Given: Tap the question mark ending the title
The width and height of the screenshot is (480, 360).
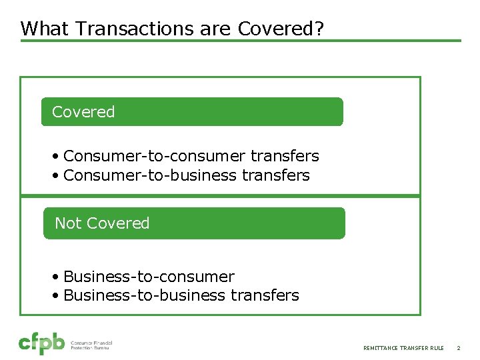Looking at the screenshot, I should (x=319, y=29).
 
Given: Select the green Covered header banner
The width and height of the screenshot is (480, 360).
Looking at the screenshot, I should (x=192, y=112).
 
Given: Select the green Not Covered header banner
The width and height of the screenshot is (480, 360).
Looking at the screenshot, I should (x=194, y=223).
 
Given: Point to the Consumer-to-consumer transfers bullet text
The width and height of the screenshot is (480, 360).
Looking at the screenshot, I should (x=191, y=156).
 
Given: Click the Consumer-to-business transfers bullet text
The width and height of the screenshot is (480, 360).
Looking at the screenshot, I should (x=187, y=175).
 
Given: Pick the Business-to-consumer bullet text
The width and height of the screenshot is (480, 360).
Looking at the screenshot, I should (x=149, y=277).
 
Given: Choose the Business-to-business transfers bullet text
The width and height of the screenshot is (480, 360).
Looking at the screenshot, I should (x=181, y=295).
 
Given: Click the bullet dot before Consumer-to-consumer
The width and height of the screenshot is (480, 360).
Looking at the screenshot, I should (x=57, y=157).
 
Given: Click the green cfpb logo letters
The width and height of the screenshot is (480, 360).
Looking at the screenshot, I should (x=41, y=343).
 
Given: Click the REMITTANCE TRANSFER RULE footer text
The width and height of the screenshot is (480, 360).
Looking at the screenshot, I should (x=403, y=348).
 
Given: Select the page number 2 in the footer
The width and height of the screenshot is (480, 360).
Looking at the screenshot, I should (x=459, y=348).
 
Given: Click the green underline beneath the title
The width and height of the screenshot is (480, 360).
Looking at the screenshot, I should (x=240, y=41).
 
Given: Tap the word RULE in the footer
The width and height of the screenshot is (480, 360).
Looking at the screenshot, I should (x=437, y=348).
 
